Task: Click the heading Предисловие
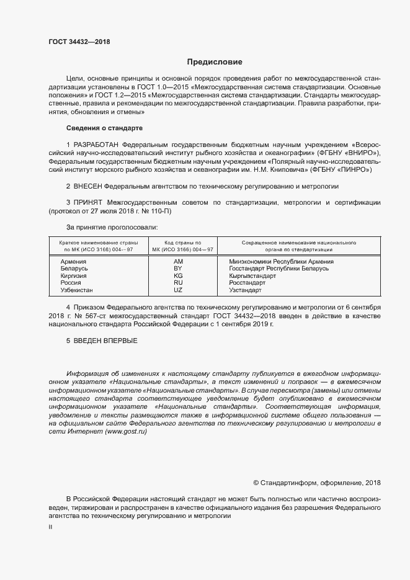215,62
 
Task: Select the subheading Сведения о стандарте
104,128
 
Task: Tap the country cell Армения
73,262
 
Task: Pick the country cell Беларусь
74,269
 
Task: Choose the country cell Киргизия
74,275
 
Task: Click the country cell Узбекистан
77,290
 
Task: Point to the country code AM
179,262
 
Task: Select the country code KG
179,275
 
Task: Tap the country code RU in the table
179,283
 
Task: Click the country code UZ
179,290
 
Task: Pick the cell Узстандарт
246,290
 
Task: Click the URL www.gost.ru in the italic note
117,431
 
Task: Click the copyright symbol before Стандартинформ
256,483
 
